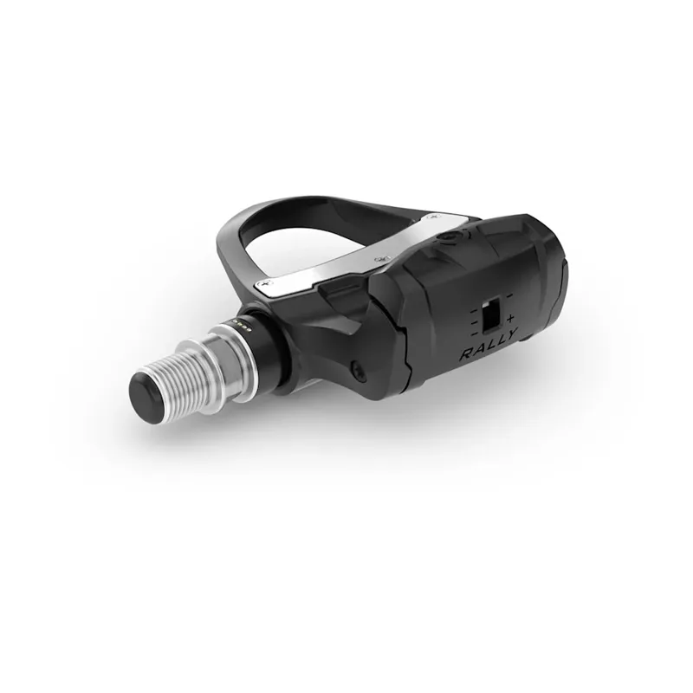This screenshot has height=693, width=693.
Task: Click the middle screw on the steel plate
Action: (379, 259)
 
